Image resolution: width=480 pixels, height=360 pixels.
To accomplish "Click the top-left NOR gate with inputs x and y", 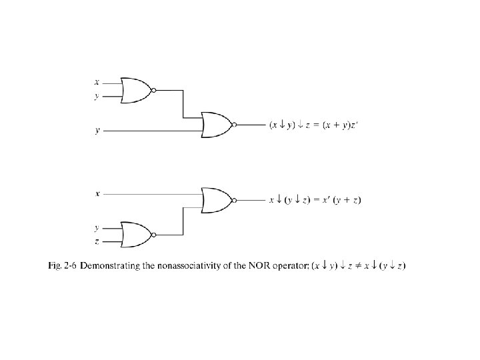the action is [x=137, y=89].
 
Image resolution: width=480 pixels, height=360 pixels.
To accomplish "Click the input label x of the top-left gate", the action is [x=97, y=83].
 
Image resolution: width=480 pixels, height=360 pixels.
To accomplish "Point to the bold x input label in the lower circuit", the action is [x=97, y=193].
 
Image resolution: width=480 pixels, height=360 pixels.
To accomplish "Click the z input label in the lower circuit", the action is [x=97, y=241].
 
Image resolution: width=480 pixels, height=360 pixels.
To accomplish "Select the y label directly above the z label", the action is [x=97, y=227].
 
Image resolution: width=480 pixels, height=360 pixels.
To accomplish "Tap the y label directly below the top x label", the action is [x=97, y=96].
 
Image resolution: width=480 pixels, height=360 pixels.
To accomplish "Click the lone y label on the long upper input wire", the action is [x=97, y=131].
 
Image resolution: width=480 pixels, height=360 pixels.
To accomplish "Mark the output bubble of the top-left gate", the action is [x=154, y=89].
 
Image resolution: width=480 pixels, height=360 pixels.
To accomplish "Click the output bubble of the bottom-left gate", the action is [x=154, y=235].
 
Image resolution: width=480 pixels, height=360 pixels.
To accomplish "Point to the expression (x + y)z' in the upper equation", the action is [x=339, y=125].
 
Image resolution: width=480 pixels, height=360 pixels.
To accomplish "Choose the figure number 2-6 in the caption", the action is [x=70, y=266].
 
